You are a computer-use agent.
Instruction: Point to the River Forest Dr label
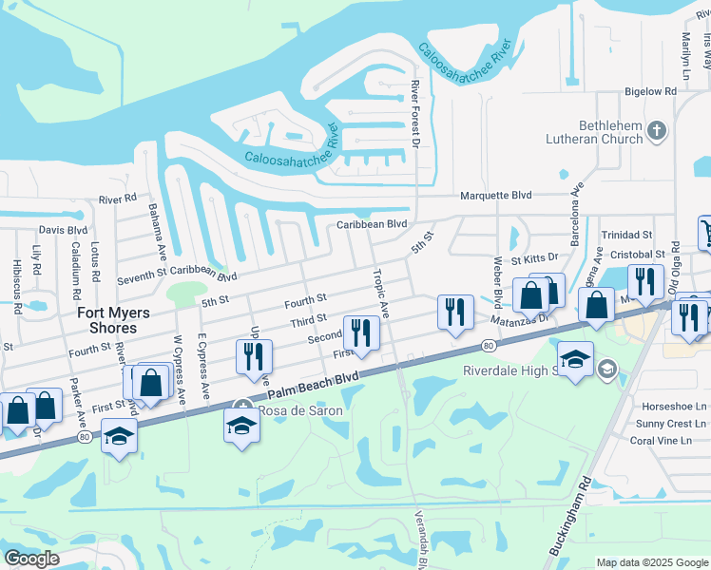(x=414, y=114)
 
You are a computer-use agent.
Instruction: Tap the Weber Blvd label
(x=497, y=279)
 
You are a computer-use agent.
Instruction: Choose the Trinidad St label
(x=628, y=234)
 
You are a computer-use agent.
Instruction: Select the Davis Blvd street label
(x=64, y=230)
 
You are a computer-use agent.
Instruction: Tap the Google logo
(x=31, y=559)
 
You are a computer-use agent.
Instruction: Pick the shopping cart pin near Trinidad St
(x=705, y=232)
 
